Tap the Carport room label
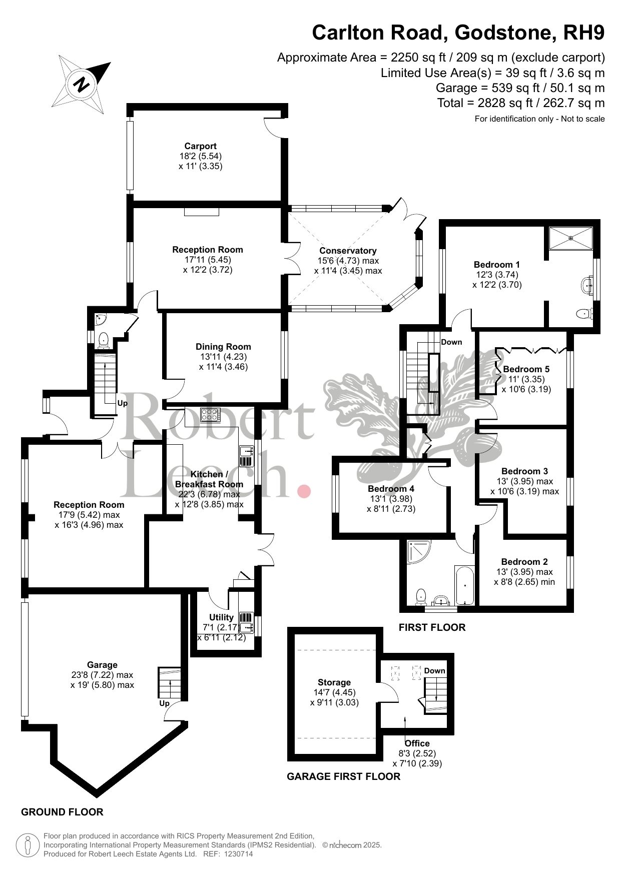200,146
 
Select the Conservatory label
348,251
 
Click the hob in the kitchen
210,414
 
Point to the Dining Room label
223,347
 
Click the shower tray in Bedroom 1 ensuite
571,238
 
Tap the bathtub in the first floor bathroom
464,585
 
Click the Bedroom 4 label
391,489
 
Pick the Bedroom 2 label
524,562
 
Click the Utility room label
221,617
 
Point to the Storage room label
334,682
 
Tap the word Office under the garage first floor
417,743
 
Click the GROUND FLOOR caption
62,812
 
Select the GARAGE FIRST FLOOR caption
343,776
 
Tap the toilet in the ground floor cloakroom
104,340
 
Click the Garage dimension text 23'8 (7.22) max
102,675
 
